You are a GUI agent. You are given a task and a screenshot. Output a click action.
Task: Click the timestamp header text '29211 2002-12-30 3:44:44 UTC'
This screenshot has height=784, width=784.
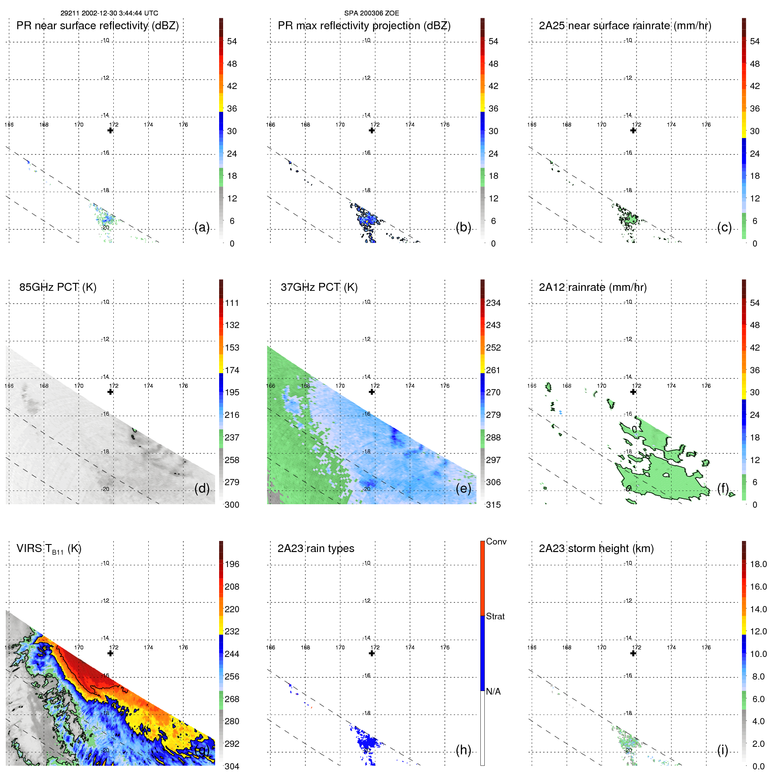click(109, 13)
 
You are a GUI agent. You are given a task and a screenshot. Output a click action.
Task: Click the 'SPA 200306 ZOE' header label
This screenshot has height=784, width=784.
click(371, 13)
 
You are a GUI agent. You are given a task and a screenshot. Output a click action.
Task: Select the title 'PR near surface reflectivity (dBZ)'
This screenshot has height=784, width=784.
click(97, 26)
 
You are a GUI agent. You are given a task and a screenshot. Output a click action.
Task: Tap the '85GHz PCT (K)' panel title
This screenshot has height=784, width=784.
click(58, 287)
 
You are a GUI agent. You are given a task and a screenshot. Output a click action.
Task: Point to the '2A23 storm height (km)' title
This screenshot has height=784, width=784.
click(596, 548)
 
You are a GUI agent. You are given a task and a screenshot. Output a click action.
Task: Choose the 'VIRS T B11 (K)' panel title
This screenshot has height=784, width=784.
click(49, 549)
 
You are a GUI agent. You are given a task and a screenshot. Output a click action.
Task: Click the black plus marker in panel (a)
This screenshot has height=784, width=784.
click(110, 130)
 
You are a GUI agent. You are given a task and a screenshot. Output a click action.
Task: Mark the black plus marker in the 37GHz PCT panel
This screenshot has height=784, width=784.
click(372, 392)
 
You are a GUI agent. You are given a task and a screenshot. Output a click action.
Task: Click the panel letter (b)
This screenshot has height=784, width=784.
click(463, 227)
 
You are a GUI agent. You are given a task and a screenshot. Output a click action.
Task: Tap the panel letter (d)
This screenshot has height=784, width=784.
click(202, 488)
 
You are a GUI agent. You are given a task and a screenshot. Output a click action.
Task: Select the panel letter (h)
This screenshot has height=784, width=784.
click(463, 750)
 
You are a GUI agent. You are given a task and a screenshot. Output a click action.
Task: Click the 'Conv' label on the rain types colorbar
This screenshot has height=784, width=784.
click(496, 541)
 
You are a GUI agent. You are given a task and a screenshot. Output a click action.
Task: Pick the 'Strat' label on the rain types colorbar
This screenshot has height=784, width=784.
click(495, 616)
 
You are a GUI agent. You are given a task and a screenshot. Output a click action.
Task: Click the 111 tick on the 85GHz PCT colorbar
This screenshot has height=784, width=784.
click(232, 303)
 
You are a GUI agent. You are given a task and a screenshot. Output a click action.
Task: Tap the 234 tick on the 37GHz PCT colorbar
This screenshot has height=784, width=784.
click(493, 303)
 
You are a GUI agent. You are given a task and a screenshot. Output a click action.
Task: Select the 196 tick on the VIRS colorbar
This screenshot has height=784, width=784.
click(232, 564)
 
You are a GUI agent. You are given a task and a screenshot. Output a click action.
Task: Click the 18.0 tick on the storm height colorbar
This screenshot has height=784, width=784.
click(758, 564)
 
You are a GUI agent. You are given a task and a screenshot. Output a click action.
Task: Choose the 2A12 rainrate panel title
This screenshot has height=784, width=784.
click(592, 287)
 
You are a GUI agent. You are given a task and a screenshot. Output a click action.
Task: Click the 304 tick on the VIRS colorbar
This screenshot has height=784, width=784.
click(232, 766)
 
